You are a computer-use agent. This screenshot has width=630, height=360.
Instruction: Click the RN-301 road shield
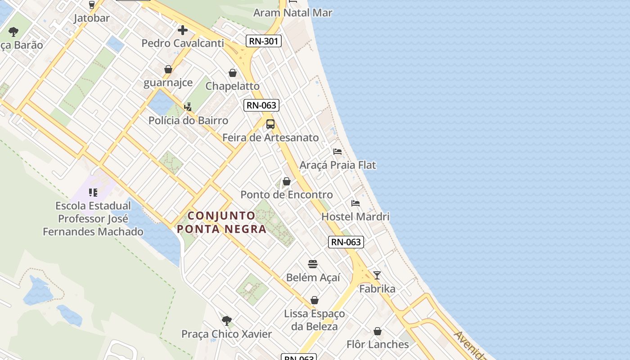(264, 41)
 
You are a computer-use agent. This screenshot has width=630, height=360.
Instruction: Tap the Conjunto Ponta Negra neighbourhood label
(221, 222)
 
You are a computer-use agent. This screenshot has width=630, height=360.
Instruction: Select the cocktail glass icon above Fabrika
(377, 275)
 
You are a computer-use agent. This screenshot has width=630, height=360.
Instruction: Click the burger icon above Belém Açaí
(313, 264)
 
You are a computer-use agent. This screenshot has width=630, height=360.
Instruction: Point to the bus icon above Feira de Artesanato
(270, 124)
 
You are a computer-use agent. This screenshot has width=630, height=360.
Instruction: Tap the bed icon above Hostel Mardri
(355, 203)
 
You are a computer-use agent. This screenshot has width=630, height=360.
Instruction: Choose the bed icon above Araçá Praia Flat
(337, 152)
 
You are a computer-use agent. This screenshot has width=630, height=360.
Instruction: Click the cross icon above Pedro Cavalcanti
(182, 30)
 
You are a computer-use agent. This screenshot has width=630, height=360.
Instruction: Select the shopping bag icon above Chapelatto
(233, 73)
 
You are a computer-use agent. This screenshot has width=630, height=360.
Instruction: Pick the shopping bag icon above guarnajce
(168, 69)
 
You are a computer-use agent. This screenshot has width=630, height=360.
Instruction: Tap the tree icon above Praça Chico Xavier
(227, 321)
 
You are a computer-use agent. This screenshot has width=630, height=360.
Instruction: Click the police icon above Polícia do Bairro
(188, 107)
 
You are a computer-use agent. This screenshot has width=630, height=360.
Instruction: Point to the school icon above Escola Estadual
(93, 193)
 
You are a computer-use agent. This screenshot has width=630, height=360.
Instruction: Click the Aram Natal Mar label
(292, 13)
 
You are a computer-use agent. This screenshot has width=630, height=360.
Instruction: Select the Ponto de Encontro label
(287, 195)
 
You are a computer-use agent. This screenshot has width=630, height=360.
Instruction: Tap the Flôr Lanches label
(378, 345)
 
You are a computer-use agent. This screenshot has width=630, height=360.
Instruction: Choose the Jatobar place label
(92, 18)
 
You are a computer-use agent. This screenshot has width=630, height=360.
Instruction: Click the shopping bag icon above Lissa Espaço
(315, 300)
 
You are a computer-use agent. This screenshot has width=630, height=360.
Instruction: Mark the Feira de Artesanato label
(270, 138)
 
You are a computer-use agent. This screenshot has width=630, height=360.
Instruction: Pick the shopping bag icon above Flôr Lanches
(378, 332)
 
